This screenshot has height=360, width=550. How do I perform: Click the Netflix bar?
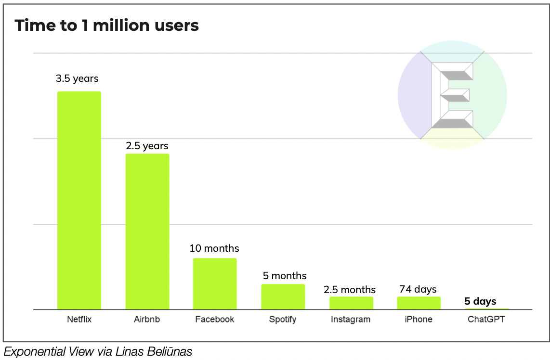[x=79, y=200]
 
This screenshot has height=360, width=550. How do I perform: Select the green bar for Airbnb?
[x=147, y=231]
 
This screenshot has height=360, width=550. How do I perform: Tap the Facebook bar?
[x=215, y=283]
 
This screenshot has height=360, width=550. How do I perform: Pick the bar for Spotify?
[x=283, y=296]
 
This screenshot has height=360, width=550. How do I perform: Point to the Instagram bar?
[x=351, y=303]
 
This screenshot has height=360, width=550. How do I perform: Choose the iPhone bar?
[x=419, y=303]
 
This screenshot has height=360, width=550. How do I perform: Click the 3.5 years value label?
[x=77, y=78]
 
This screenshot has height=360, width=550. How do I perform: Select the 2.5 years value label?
[x=147, y=145]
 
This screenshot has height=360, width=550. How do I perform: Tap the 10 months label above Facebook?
[x=214, y=248]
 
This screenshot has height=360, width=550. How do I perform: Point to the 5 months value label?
[x=285, y=276]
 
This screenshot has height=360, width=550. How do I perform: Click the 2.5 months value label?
[x=350, y=290]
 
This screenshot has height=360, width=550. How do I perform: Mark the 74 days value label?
[x=418, y=289]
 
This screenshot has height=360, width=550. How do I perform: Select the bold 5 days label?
[x=480, y=302]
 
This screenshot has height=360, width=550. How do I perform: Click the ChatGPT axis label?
[x=486, y=319]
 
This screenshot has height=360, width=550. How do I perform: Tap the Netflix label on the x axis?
[x=79, y=319]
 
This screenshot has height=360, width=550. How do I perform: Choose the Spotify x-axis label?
[x=283, y=320]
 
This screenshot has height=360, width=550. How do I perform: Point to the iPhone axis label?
[x=419, y=319]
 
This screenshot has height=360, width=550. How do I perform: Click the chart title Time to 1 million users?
[x=106, y=26]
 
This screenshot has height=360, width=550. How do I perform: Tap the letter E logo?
[x=452, y=95]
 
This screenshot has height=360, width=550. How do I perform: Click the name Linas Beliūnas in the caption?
[x=154, y=352]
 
